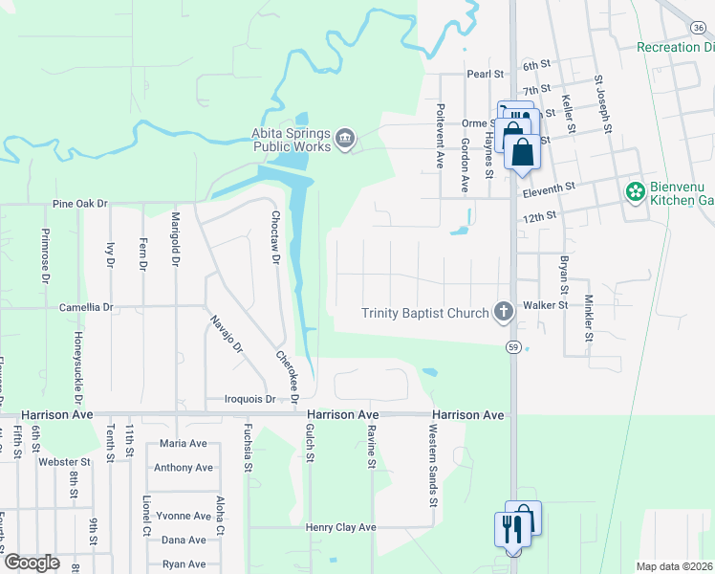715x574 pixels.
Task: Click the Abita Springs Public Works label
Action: [292, 141]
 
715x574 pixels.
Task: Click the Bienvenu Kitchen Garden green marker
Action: [634, 192]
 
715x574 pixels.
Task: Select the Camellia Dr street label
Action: [86, 308]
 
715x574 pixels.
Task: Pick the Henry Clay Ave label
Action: [341, 527]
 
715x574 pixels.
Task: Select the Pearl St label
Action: [485, 74]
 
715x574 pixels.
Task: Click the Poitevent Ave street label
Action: [441, 136]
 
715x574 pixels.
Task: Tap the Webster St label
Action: [64, 461]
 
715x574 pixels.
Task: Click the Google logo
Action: [32, 562]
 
